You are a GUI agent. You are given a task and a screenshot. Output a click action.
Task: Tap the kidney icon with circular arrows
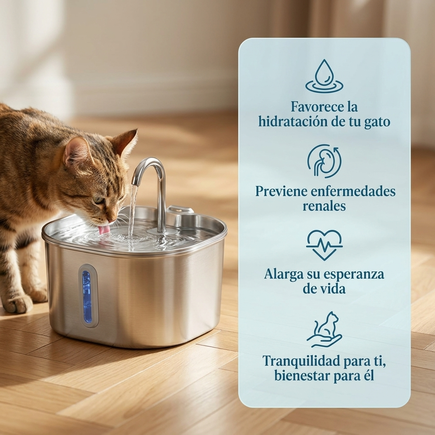coord(324,161)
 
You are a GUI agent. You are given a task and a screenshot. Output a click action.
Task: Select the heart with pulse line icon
coord(324,245)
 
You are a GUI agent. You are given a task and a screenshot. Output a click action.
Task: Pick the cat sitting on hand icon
coord(325,330)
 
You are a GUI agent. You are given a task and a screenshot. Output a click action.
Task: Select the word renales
coord(324,206)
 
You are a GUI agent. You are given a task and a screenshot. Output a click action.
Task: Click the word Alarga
coord(281,274)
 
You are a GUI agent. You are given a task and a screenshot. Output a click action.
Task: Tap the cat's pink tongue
coord(104,229)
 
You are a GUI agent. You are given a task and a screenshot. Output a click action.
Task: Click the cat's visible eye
coord(98,200)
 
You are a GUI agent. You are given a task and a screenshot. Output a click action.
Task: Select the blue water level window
coord(87,296)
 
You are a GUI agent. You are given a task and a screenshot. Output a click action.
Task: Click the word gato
coord(377,121)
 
